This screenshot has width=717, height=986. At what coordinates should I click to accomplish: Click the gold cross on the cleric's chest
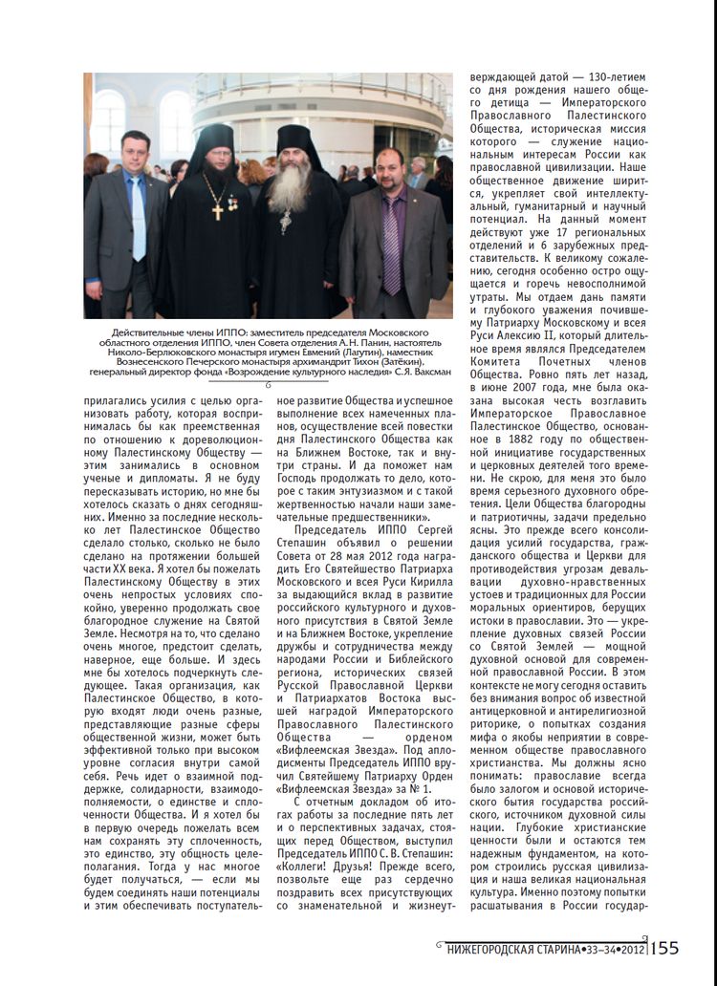point(218,209)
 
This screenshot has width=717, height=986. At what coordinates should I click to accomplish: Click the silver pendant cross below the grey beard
point(285,223)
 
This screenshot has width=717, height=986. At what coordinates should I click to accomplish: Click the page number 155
point(664,948)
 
